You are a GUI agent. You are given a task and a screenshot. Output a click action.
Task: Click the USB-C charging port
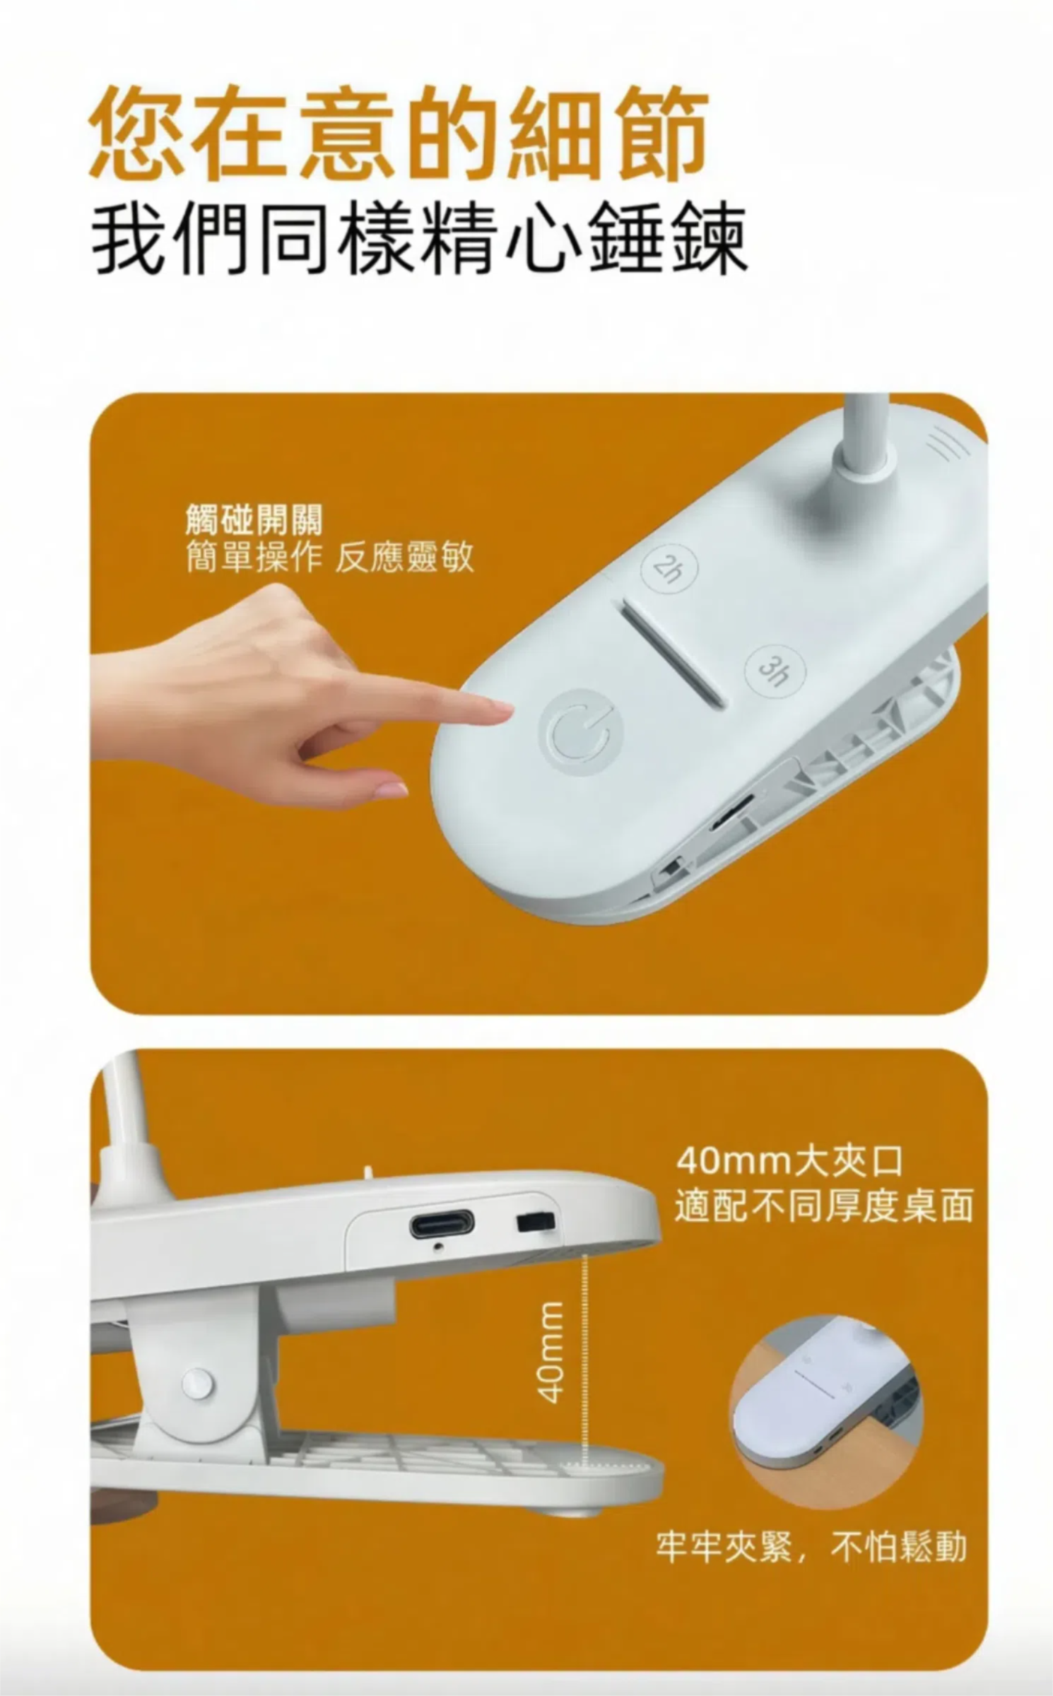(442, 1223)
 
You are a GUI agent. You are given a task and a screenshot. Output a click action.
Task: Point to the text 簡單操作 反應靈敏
(329, 558)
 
